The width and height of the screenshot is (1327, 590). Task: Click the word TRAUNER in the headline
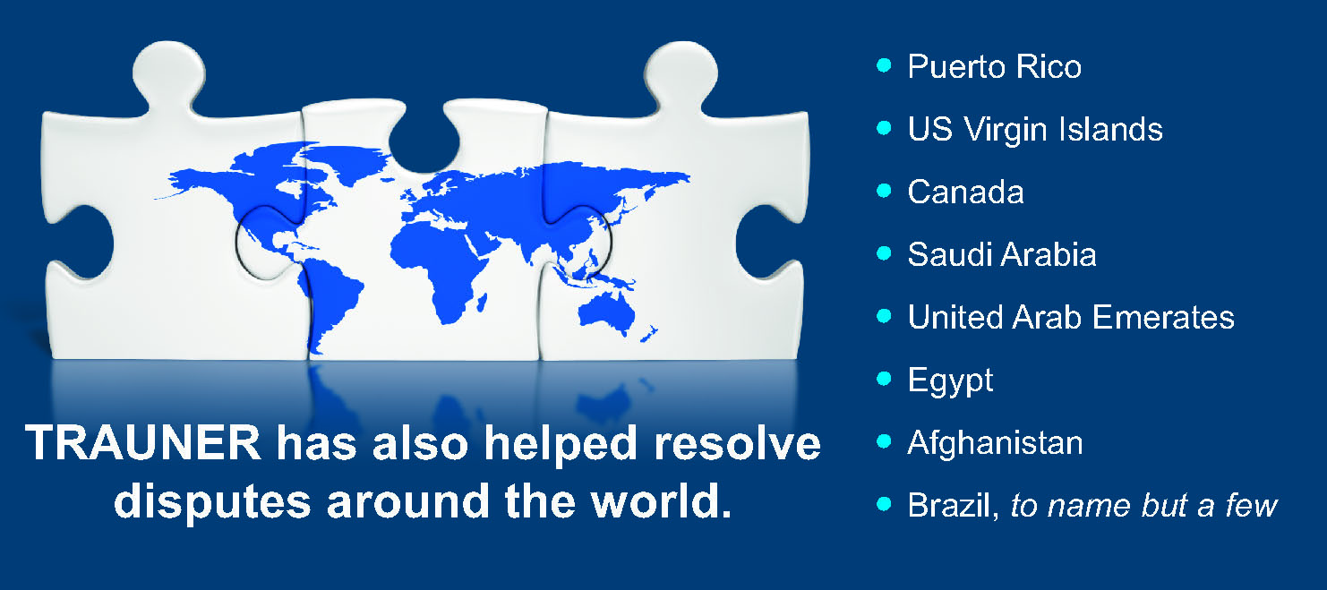coord(142,442)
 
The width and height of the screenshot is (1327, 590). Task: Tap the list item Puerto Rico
coord(995,66)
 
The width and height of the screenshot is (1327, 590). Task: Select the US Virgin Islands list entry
coord(1035,129)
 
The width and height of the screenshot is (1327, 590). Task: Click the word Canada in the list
coord(965,192)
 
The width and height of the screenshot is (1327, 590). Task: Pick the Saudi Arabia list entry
coord(1002,255)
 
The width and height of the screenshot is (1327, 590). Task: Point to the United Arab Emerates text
coord(1071,318)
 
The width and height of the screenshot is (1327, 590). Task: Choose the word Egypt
coord(950,381)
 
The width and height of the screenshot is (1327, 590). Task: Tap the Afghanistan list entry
coord(996,443)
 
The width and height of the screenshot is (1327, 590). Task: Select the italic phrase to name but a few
coord(1144,506)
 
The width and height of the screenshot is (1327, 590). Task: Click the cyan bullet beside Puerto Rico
coord(883,65)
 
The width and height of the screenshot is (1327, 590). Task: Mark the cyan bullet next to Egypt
coord(883,379)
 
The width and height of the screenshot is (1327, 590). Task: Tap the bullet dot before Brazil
coord(883,504)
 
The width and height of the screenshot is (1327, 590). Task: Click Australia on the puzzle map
coord(606,311)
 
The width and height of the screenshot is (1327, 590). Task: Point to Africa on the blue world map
coord(441,267)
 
